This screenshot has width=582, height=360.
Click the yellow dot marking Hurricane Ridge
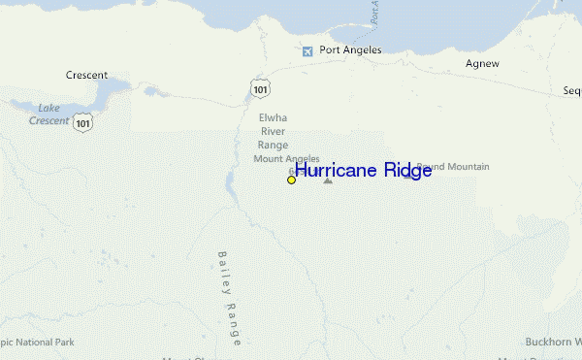click(x=291, y=180)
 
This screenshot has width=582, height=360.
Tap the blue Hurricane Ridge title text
click(x=363, y=171)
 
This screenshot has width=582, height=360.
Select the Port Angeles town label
click(x=350, y=50)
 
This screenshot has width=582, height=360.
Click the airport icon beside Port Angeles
click(x=307, y=50)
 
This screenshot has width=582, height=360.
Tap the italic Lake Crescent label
click(x=49, y=114)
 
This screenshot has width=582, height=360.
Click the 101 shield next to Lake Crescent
click(x=85, y=123)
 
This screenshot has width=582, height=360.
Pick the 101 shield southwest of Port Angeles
click(x=258, y=89)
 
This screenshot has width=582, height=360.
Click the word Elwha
click(x=273, y=118)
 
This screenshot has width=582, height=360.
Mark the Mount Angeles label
click(x=286, y=159)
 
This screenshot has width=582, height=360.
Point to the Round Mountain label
click(x=456, y=167)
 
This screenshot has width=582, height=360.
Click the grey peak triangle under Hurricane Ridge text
click(x=328, y=180)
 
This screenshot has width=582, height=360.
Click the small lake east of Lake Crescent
click(x=150, y=93)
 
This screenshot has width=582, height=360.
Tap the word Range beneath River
click(x=273, y=146)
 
